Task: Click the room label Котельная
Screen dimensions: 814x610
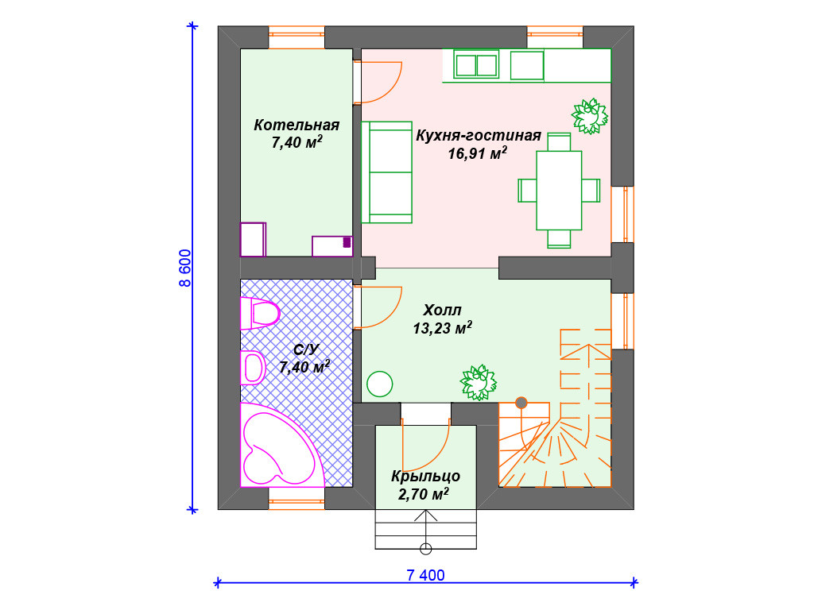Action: point(297,125)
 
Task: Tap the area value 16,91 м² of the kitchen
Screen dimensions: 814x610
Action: point(478,153)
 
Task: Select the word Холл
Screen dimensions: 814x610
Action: point(442,311)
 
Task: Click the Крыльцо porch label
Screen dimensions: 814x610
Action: point(426,477)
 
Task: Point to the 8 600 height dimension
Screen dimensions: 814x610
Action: point(185,268)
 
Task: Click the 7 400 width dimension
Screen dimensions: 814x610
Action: point(426,575)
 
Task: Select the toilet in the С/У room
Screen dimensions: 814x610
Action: point(260,313)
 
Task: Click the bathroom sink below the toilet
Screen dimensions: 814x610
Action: point(253,367)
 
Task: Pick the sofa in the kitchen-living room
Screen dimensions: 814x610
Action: point(387,172)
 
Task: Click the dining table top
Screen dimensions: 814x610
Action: point(559,190)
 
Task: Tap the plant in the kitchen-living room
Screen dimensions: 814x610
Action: point(590,117)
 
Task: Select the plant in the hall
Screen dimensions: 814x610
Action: point(478,383)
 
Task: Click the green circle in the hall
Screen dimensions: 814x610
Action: point(379,384)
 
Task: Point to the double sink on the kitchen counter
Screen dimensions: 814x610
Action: point(476,65)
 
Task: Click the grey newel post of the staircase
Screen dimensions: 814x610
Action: point(521,403)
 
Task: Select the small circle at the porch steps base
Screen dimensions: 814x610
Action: point(426,548)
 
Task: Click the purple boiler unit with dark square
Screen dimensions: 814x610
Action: point(332,246)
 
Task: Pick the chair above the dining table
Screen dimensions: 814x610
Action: point(559,141)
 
